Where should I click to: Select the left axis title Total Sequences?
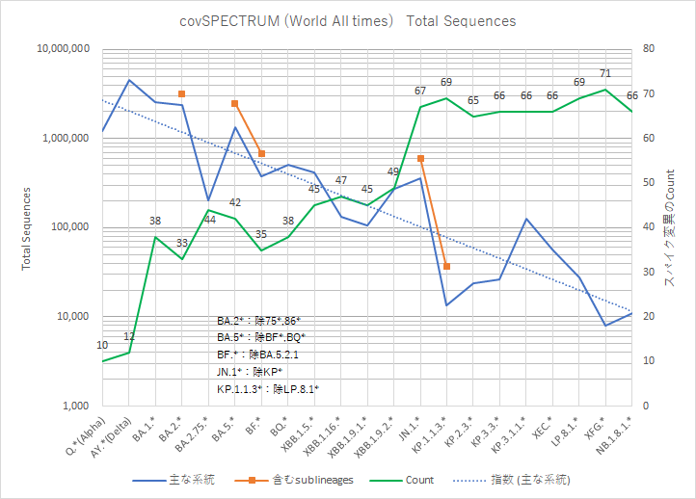point(26,227)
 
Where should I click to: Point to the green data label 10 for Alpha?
point(102,345)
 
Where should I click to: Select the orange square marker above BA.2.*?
point(182,93)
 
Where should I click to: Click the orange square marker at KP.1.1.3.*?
point(446,266)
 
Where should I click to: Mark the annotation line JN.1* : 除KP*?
point(249,372)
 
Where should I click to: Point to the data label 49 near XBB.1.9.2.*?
point(393,171)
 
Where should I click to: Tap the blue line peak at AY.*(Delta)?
point(129,80)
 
